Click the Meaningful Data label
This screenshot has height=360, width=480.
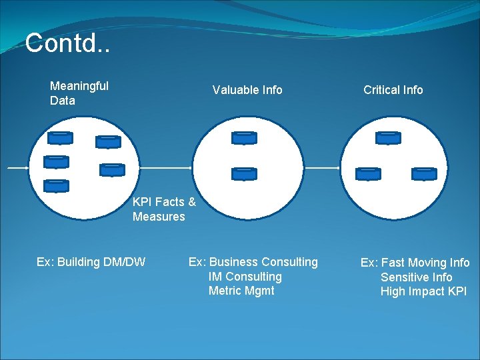point(79,93)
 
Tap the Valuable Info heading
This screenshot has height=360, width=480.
point(247,90)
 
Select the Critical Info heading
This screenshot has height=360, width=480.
point(393,90)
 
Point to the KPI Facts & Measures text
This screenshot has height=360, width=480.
point(164,209)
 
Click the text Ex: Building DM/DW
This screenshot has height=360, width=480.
point(91,262)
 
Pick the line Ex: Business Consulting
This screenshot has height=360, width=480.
point(253,262)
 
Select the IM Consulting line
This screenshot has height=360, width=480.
point(245,277)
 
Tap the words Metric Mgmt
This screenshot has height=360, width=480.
point(241,291)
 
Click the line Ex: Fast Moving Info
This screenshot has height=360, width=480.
point(415,263)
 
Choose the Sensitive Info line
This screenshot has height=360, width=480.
point(416,277)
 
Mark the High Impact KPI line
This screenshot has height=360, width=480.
point(423,291)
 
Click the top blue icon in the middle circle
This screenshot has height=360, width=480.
point(244,138)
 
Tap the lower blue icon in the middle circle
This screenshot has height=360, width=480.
point(244,173)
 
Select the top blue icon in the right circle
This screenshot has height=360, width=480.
point(388,138)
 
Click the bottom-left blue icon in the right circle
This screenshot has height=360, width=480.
point(368,173)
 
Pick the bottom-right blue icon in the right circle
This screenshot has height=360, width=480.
point(424,173)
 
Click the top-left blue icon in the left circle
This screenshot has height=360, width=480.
point(61,138)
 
